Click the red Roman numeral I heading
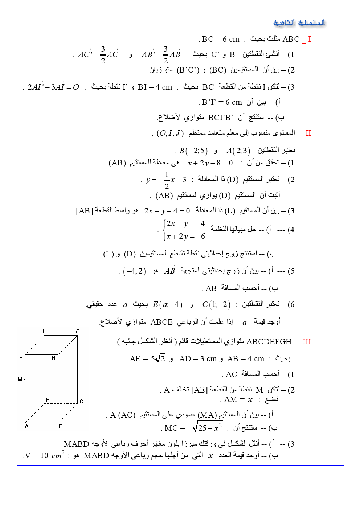pyautogui.click(x=309, y=39)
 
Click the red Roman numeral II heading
pyautogui.click(x=308, y=133)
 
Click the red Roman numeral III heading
pyautogui.click(x=307, y=342)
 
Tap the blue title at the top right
pyautogui.click(x=299, y=23)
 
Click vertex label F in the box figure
pyautogui.click(x=44, y=331)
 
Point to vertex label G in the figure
pyautogui.click(x=78, y=331)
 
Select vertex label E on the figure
pyautogui.click(x=21, y=358)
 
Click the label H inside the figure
pyautogui.click(x=53, y=358)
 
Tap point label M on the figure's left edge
pyautogui.click(x=20, y=379)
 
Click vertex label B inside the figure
pyautogui.click(x=48, y=400)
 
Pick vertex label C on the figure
pyautogui.click(x=81, y=401)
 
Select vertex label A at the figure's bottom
pyautogui.click(x=26, y=426)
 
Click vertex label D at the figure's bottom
pyautogui.click(x=61, y=426)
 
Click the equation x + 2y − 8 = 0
pyautogui.click(x=210, y=163)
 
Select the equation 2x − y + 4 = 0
pyautogui.click(x=167, y=210)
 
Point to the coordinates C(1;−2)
pyautogui.click(x=216, y=304)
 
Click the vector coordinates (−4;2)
pyautogui.click(x=134, y=271)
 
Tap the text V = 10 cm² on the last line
pyautogui.click(x=45, y=455)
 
